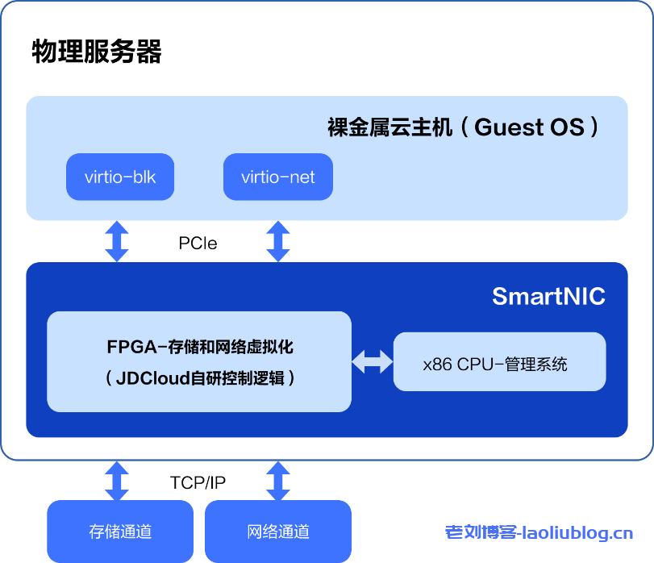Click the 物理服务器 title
click(97, 51)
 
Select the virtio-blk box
click(120, 177)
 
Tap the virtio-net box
click(278, 177)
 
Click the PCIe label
click(198, 243)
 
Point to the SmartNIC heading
click(548, 296)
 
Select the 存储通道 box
click(120, 532)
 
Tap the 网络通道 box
click(278, 532)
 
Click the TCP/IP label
click(198, 482)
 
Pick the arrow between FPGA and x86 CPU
click(372, 361)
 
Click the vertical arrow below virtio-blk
click(117, 241)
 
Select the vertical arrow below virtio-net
click(278, 241)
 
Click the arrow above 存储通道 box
click(117, 481)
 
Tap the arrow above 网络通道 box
click(278, 481)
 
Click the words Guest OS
click(529, 127)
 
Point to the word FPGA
click(131, 348)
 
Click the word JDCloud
click(154, 377)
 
